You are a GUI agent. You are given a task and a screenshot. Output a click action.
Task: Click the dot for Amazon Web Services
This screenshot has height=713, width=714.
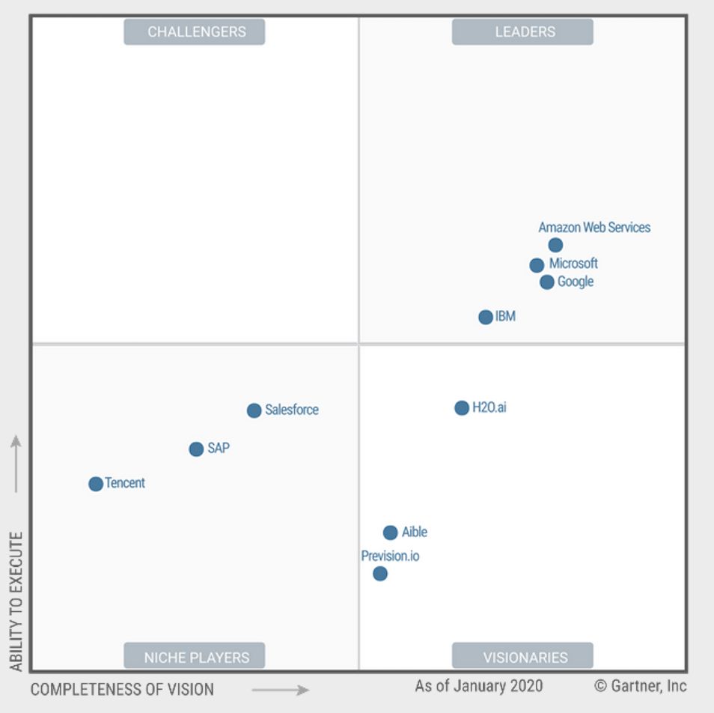click(x=555, y=245)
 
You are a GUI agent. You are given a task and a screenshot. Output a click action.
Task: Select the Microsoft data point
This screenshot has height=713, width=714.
click(x=537, y=265)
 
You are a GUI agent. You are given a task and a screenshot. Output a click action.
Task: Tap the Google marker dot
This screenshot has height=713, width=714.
click(x=547, y=282)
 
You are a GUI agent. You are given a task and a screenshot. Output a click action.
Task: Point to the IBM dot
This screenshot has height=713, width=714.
click(x=486, y=318)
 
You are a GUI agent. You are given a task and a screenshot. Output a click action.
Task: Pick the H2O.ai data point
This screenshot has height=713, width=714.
click(x=462, y=408)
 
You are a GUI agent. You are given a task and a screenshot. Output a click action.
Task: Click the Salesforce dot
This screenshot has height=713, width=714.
click(x=254, y=410)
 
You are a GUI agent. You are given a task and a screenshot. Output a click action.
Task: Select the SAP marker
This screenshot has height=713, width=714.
click(x=196, y=449)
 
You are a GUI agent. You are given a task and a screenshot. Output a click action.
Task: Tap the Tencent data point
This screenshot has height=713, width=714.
click(x=96, y=484)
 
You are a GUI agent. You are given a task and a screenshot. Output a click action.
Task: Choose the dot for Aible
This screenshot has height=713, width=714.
click(x=390, y=533)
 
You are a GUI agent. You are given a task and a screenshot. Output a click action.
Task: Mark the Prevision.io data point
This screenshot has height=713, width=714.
click(x=380, y=574)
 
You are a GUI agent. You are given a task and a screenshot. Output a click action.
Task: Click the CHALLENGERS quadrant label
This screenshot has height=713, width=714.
click(x=195, y=32)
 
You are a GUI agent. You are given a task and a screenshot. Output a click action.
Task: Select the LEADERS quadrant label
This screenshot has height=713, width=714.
click(x=523, y=32)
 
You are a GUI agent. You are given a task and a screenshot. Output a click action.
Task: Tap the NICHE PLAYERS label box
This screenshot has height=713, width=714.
click(x=195, y=657)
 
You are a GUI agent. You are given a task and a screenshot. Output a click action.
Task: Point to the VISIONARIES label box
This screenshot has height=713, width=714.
click(x=523, y=657)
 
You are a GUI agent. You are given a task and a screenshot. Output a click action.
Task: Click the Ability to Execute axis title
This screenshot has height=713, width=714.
click(x=16, y=601)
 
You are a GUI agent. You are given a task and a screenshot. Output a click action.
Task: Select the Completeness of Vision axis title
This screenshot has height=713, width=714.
click(x=122, y=690)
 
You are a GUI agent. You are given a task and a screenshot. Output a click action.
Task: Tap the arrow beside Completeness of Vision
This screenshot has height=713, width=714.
click(x=280, y=690)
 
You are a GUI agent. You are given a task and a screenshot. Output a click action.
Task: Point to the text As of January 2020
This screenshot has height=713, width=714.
click(x=479, y=686)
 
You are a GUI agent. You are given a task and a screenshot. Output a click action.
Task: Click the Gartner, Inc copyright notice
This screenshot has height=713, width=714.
click(x=640, y=686)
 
